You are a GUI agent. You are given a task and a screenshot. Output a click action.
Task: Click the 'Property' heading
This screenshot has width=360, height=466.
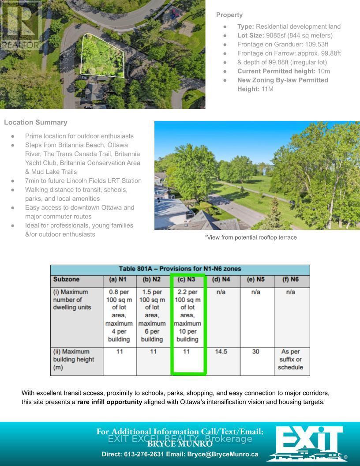coord(229,15)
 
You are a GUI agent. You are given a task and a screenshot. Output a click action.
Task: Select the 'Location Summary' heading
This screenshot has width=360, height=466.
coord(36,122)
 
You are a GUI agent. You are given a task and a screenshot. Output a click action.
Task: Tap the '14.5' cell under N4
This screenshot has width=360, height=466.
coord(221,352)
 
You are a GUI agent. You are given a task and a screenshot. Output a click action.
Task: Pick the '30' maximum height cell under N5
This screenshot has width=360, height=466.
coord(256,352)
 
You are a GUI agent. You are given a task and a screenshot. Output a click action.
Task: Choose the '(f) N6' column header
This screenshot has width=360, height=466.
coord(291,279)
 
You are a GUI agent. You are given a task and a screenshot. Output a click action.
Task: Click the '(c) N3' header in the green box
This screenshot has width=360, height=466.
coord(187,279)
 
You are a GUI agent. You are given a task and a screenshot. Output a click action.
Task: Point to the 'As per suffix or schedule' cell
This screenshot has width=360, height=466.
coord(291,359)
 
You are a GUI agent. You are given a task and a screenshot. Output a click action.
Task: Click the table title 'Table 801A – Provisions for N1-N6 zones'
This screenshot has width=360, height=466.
coord(180,269)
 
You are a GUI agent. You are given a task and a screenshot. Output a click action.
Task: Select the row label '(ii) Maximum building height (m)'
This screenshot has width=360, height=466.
coord(74,359)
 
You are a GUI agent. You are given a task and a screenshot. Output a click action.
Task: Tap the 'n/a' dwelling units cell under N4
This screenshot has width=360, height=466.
coord(221,292)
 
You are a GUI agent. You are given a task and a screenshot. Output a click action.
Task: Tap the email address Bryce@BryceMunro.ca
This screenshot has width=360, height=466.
coord(223,454)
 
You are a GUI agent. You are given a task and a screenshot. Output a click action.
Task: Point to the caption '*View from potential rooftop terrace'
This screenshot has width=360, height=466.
coord(251,237)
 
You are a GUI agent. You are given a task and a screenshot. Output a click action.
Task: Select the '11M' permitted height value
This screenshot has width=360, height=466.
coord(267,89)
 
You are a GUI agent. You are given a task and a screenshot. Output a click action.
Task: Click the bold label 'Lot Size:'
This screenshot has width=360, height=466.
coord(251,35)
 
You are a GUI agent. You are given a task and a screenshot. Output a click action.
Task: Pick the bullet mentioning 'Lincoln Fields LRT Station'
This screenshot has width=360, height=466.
coord(83,180)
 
